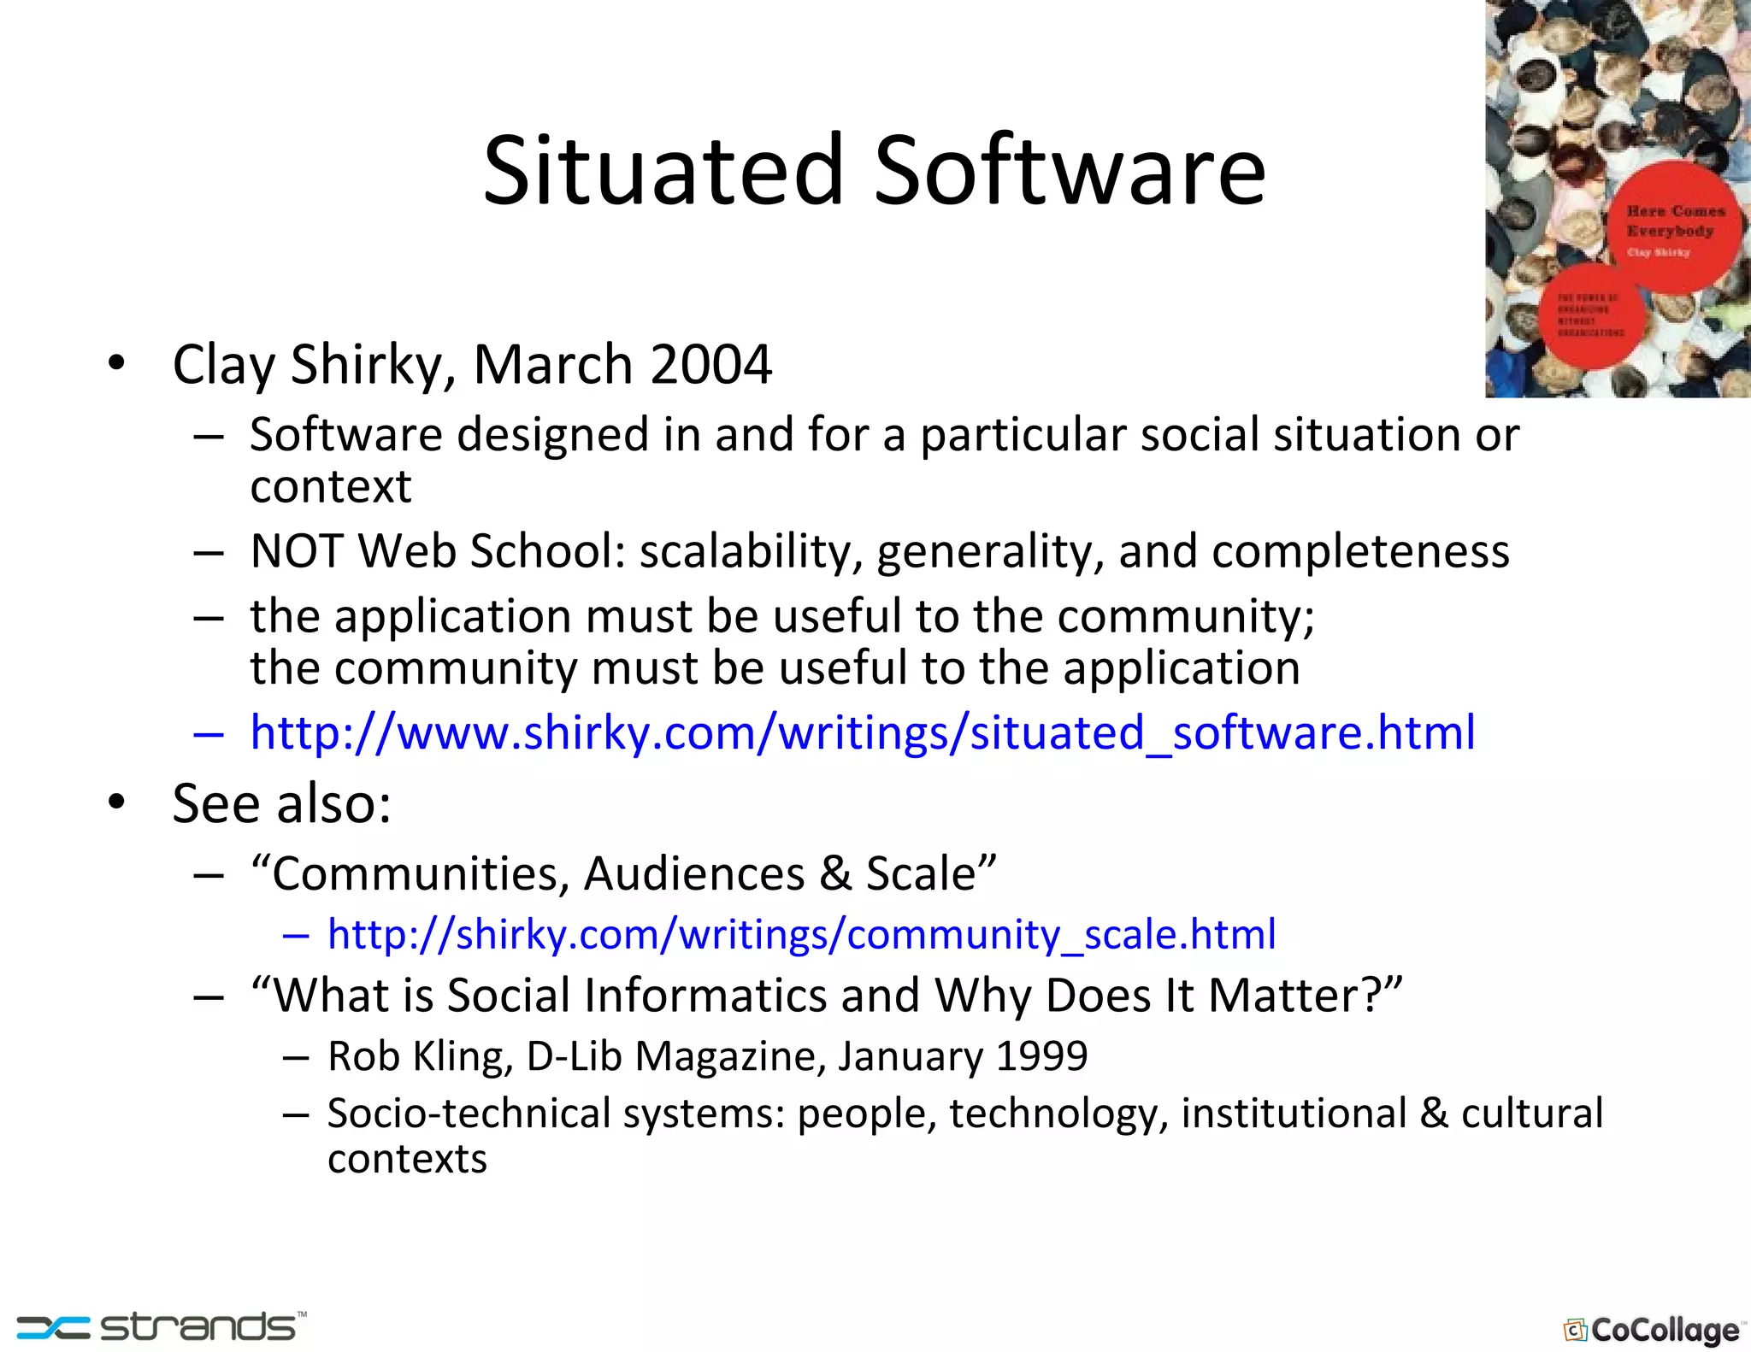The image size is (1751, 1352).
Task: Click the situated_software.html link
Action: click(862, 733)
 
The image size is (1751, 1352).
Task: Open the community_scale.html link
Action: click(801, 934)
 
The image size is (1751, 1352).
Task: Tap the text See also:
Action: click(281, 804)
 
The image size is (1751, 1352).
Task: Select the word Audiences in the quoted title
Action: click(694, 873)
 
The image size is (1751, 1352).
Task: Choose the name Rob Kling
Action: click(419, 1056)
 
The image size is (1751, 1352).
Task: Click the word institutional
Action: click(1294, 1114)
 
